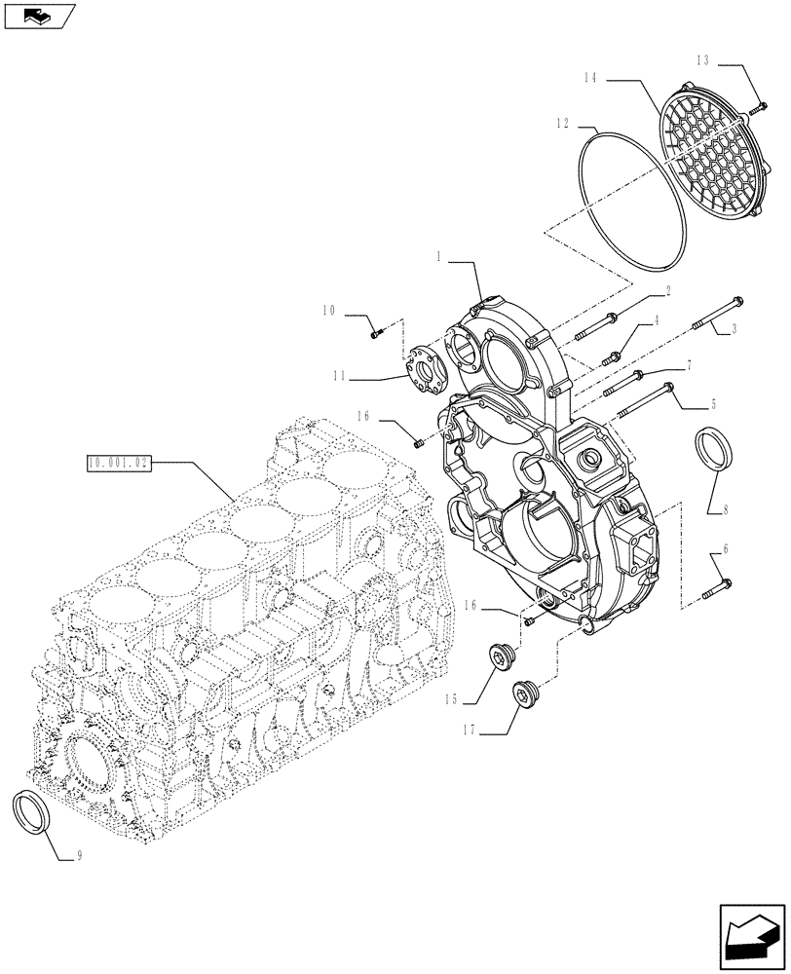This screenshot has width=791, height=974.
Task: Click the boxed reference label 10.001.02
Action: pos(118,464)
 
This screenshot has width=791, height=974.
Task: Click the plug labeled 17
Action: pos(527,696)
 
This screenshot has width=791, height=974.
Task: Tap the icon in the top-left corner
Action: pos(39,16)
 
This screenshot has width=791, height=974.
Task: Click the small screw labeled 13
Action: pos(759,106)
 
